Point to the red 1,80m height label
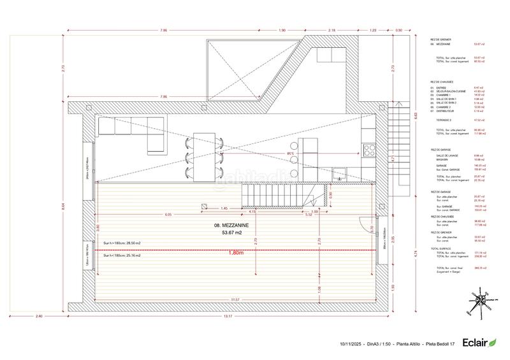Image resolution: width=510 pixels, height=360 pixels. [236, 253]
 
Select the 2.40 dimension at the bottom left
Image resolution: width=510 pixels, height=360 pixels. [39, 316]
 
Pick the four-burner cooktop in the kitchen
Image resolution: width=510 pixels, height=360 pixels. [368, 150]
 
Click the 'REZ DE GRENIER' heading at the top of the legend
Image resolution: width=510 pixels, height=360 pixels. [441, 40]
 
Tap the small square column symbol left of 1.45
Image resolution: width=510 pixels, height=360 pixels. [203, 206]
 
